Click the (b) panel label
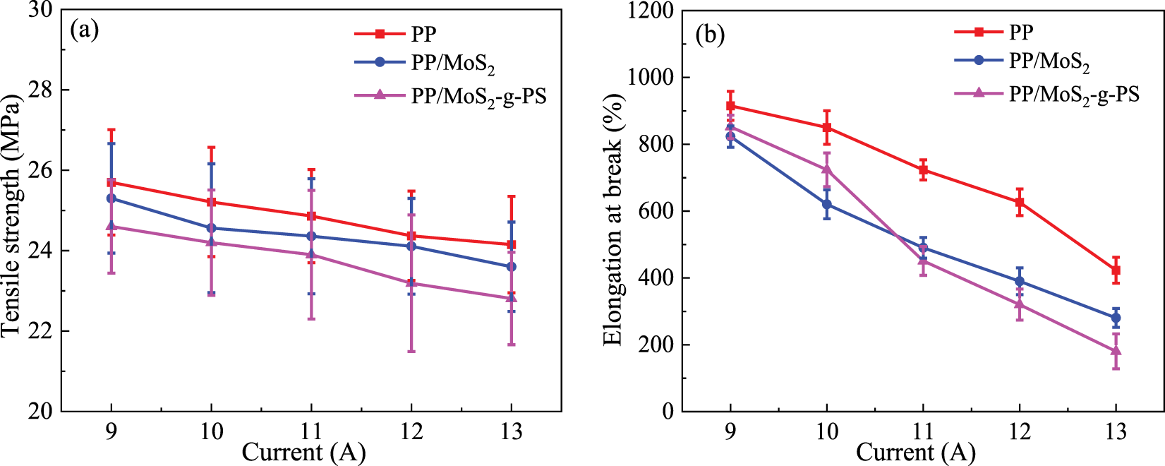pos(710,35)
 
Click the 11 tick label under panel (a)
pos(311,431)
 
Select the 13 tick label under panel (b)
pos(1116,431)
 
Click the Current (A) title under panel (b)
pos(915,453)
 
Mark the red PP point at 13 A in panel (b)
pos(1116,270)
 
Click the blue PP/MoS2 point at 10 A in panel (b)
pos(827,205)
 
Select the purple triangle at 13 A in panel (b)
pos(1116,351)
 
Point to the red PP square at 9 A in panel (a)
pos(111,182)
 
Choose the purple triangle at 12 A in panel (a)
pos(411,283)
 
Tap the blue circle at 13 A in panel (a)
pos(512,266)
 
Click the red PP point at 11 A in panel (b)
pos(923,170)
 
